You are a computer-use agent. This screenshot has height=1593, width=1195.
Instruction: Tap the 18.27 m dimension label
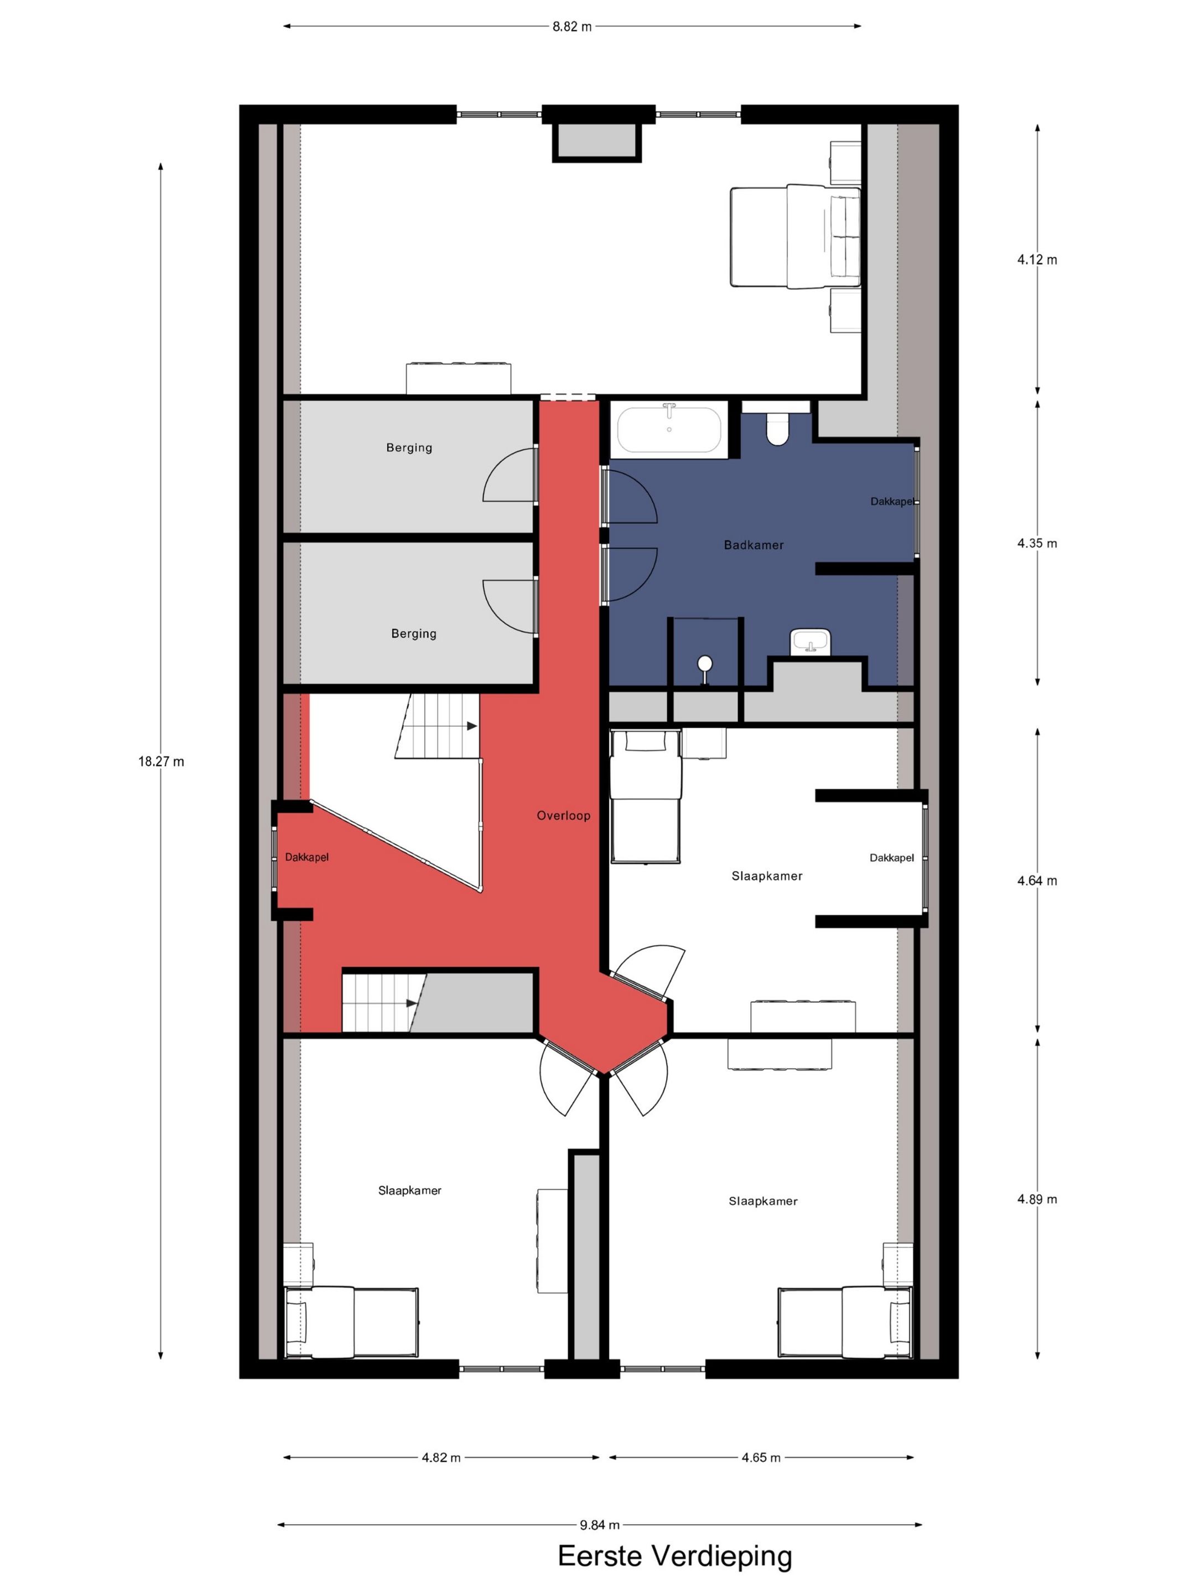coord(162,761)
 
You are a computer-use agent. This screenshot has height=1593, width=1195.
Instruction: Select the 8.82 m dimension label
coord(572,27)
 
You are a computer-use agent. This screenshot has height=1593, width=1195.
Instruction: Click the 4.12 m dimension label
coord(1037,259)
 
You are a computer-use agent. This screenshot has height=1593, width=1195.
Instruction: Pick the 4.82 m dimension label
coord(441,1457)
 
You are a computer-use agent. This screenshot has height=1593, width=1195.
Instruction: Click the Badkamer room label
coord(754,545)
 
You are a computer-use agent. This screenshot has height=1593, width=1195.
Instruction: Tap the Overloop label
coord(563,815)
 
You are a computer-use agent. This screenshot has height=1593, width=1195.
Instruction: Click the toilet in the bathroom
coord(777,427)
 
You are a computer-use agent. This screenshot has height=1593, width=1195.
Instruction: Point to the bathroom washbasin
coord(810,642)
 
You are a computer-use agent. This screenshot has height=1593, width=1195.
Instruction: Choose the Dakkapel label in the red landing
coord(307,857)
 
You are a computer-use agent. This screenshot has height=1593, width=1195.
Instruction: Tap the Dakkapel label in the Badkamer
coord(892,501)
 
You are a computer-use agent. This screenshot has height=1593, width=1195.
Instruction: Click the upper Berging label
coord(409,447)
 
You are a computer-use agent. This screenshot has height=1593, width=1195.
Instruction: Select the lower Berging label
coord(413,634)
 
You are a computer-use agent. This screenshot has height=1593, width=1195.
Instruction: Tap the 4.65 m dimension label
coord(761,1457)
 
